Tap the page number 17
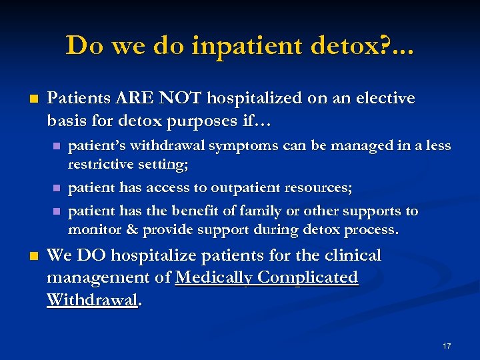(x=447, y=346)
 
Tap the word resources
(x=317, y=188)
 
